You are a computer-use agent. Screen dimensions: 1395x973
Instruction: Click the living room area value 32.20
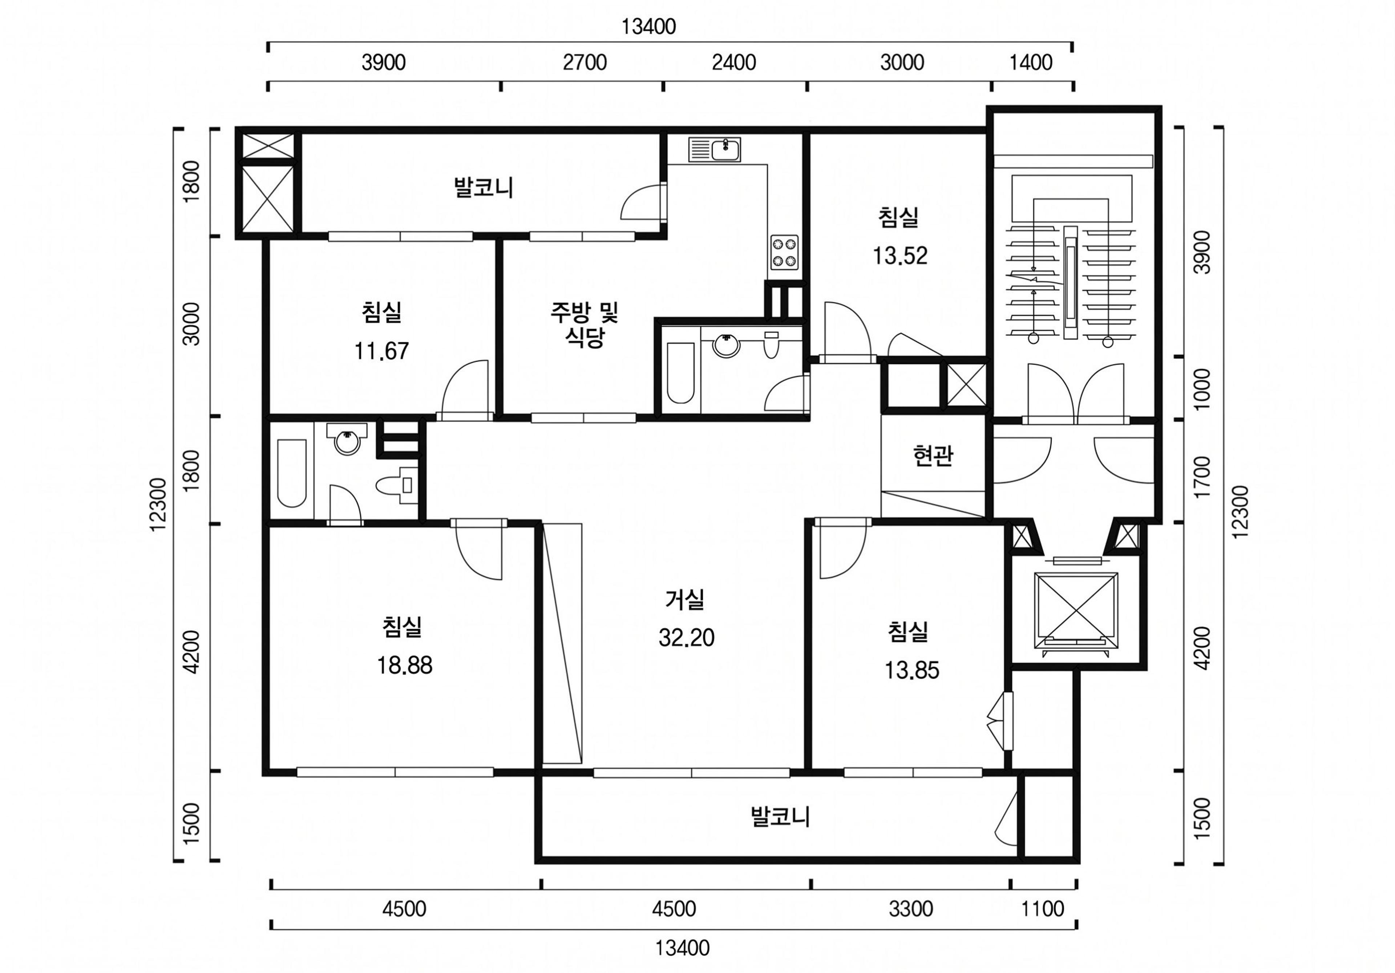[687, 638]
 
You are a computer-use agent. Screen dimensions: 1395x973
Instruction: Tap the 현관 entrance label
[933, 456]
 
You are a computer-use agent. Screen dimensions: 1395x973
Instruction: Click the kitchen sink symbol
[715, 149]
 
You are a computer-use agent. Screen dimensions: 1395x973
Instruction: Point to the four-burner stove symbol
[784, 252]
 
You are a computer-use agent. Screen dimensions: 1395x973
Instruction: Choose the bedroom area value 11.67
[381, 351]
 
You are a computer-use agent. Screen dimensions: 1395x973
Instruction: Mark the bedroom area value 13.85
[911, 670]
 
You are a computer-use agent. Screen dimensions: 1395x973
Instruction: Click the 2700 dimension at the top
[585, 63]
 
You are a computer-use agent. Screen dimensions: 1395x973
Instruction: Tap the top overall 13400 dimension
[648, 27]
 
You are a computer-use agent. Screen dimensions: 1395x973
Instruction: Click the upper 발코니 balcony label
[484, 187]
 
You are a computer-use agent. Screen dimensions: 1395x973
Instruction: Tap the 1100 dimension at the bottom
[1043, 909]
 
